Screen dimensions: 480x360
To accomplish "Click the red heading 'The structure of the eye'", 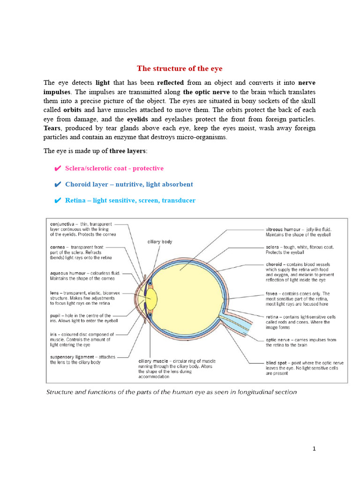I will pyautogui.click(x=180, y=68).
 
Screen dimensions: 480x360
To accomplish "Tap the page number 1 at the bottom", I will pyautogui.click(x=315, y=449).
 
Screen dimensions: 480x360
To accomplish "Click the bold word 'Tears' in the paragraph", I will pyautogui.click(x=52, y=128).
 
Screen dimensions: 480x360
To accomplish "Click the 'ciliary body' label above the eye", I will pyautogui.click(x=160, y=242).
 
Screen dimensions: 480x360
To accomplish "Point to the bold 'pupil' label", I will pyautogui.click(x=56, y=315).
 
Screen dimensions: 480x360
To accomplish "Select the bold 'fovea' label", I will pyautogui.click(x=273, y=294).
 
